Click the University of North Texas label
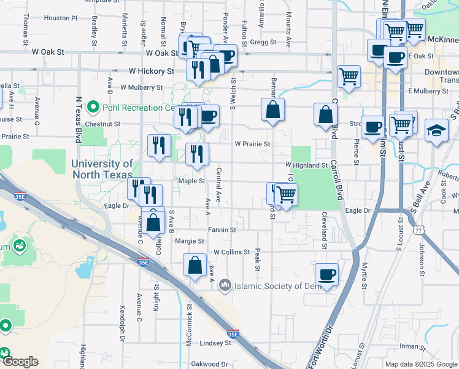click(102, 169)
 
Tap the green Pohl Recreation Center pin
click(93, 108)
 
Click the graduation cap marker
click(436, 131)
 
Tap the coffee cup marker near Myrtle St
click(326, 275)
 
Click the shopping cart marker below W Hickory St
click(349, 77)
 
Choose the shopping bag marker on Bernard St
click(272, 111)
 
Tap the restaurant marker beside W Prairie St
click(197, 154)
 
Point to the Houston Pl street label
click(61, 18)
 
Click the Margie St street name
click(190, 241)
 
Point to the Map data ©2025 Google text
click(420, 364)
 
